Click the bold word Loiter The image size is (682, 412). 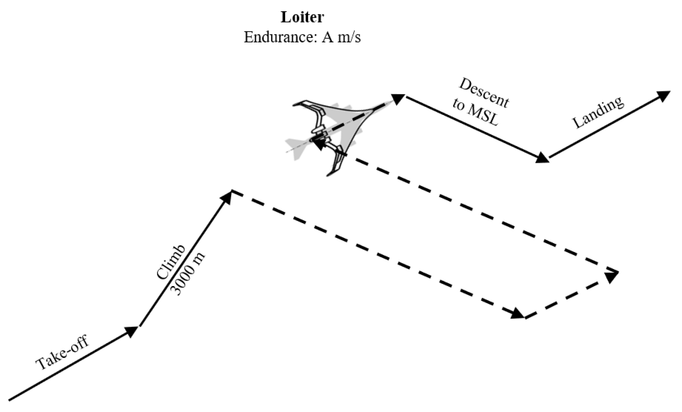click(302, 17)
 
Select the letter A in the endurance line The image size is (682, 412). click(328, 37)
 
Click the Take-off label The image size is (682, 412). click(62, 353)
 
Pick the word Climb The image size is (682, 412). click(170, 262)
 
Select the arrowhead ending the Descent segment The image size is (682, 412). click(542, 158)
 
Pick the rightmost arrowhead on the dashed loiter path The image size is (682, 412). click(612, 276)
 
